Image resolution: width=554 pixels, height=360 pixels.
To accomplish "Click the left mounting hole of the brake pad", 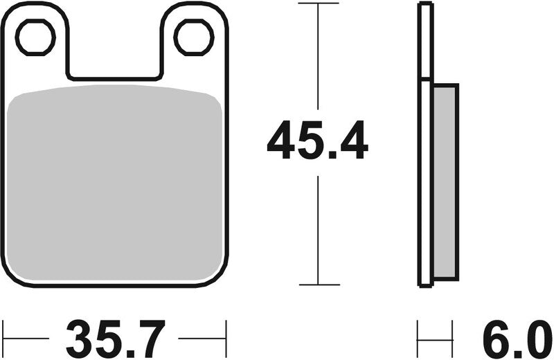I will (x=35, y=37).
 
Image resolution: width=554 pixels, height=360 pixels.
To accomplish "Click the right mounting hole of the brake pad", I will (x=194, y=37).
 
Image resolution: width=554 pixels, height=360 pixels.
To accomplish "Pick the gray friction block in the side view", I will (x=445, y=183).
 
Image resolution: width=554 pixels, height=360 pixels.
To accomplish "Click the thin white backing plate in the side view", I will (x=425, y=145).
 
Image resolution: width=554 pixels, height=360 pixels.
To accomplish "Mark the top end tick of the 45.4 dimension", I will (x=318, y=4).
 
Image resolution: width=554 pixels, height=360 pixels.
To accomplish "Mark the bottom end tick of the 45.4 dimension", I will (x=318, y=285).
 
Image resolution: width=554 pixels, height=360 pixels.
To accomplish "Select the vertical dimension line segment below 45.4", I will (x=318, y=228).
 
